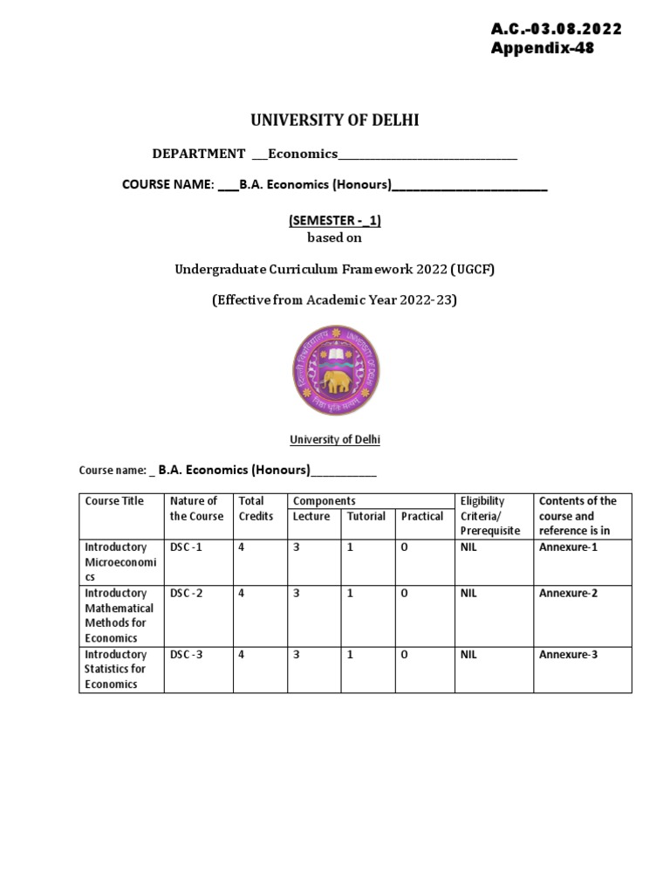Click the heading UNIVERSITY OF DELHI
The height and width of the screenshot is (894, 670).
[x=335, y=120]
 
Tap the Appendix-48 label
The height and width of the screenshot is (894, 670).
[x=543, y=48]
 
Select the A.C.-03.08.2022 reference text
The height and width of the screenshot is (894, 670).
[x=556, y=29]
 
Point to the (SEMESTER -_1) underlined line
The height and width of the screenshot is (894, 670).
[x=335, y=221]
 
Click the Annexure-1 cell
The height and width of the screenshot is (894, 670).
[x=568, y=547]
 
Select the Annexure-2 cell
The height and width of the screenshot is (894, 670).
[x=568, y=594]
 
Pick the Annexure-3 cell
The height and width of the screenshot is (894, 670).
[x=568, y=655]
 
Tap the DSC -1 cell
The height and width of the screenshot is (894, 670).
[x=187, y=547]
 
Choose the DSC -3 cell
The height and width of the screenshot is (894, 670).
[x=187, y=655]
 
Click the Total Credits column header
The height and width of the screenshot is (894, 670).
[x=256, y=508]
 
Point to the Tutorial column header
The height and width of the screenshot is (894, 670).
[x=366, y=517]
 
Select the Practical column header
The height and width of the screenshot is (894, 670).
[x=422, y=517]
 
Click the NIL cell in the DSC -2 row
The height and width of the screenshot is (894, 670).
[x=468, y=594]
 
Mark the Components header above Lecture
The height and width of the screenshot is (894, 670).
[x=325, y=501]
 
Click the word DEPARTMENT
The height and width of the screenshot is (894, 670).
[x=199, y=154]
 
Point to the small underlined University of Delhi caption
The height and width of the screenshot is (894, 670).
[x=335, y=440]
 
